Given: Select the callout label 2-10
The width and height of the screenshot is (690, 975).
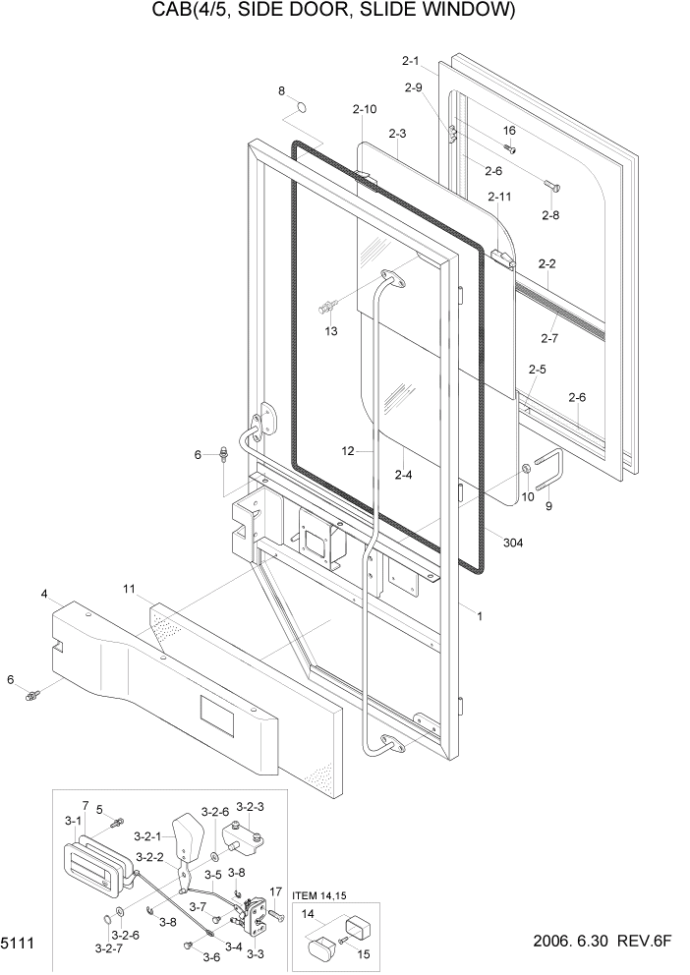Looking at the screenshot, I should coord(364,108).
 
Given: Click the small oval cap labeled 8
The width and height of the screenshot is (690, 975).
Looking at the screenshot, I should coord(304,105).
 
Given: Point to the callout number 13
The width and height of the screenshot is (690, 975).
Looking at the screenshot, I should coord(331,331).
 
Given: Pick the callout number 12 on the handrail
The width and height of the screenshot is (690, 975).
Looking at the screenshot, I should coord(348,451).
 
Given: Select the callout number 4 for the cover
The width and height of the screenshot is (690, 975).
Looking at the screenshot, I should coord(44,594).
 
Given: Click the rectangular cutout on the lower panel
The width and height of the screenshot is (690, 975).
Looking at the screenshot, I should coord(216,717).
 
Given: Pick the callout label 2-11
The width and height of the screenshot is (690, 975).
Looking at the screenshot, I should coord(499,198).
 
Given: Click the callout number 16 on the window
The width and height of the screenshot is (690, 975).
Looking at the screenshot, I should coord(509,131).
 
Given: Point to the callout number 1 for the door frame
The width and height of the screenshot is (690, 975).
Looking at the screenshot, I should coord(479,616).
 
